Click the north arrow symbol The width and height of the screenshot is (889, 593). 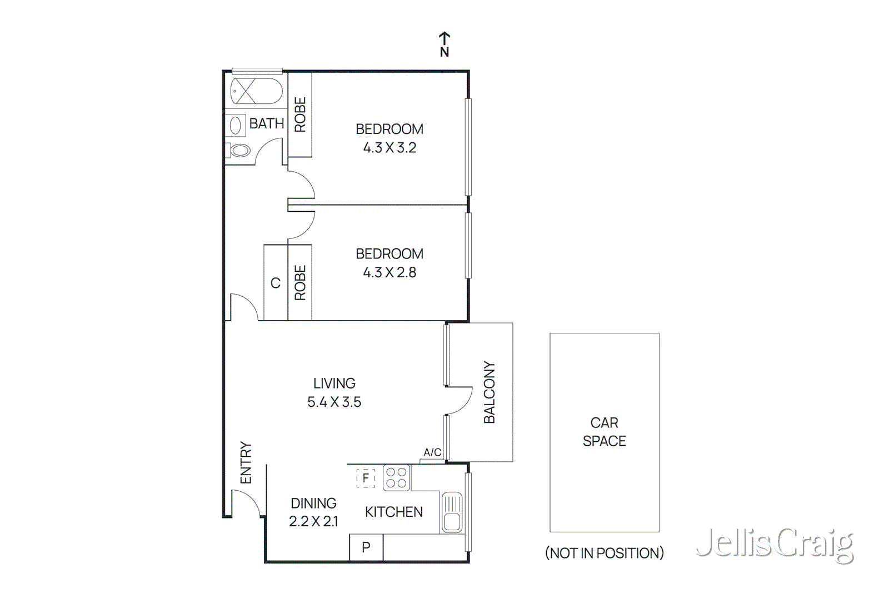click(x=444, y=44)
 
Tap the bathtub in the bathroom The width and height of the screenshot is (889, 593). click(x=256, y=91)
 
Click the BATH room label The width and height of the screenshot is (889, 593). click(x=266, y=123)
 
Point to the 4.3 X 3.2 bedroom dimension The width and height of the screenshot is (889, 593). click(x=389, y=148)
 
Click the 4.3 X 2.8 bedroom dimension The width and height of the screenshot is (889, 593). click(x=389, y=272)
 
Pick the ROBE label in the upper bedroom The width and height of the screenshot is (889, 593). click(x=300, y=114)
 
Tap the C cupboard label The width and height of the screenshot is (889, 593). click(x=275, y=283)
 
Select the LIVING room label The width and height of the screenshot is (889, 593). click(x=334, y=383)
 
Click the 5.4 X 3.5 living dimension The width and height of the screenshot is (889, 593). click(x=334, y=402)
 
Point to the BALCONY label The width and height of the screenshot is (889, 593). click(x=489, y=392)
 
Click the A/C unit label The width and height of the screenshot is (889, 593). click(x=432, y=452)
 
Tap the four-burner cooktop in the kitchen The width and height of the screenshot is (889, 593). click(x=396, y=478)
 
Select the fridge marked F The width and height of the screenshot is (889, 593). click(x=366, y=478)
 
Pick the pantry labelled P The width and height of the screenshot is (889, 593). click(x=366, y=547)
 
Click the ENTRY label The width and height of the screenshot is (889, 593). click(x=246, y=463)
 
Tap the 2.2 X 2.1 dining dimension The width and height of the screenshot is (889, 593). click(x=313, y=521)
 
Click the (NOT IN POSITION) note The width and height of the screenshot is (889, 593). click(x=604, y=553)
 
